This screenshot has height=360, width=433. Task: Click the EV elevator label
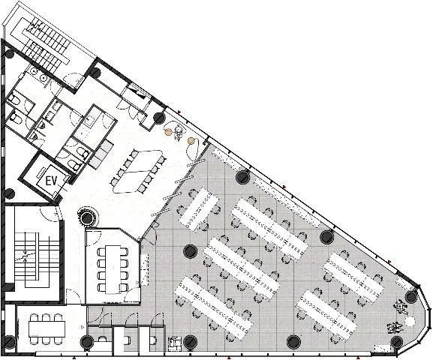click(x=51, y=181)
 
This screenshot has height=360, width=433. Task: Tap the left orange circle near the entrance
click(x=168, y=132)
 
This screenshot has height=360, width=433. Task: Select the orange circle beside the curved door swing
click(x=191, y=141)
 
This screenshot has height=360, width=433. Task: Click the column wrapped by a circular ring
click(x=87, y=218)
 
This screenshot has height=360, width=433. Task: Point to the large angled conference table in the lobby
click(x=138, y=171)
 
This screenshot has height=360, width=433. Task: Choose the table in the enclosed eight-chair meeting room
click(x=113, y=269)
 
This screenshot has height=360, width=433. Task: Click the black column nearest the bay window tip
click(x=410, y=297)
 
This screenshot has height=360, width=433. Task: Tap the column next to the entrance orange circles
click(x=158, y=118)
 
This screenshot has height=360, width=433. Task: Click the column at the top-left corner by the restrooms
click(x=9, y=54)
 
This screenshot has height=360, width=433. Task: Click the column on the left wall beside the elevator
click(x=9, y=193)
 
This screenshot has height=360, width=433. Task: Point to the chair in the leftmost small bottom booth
click(x=103, y=339)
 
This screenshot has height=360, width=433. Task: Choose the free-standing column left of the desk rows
click(x=191, y=251)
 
